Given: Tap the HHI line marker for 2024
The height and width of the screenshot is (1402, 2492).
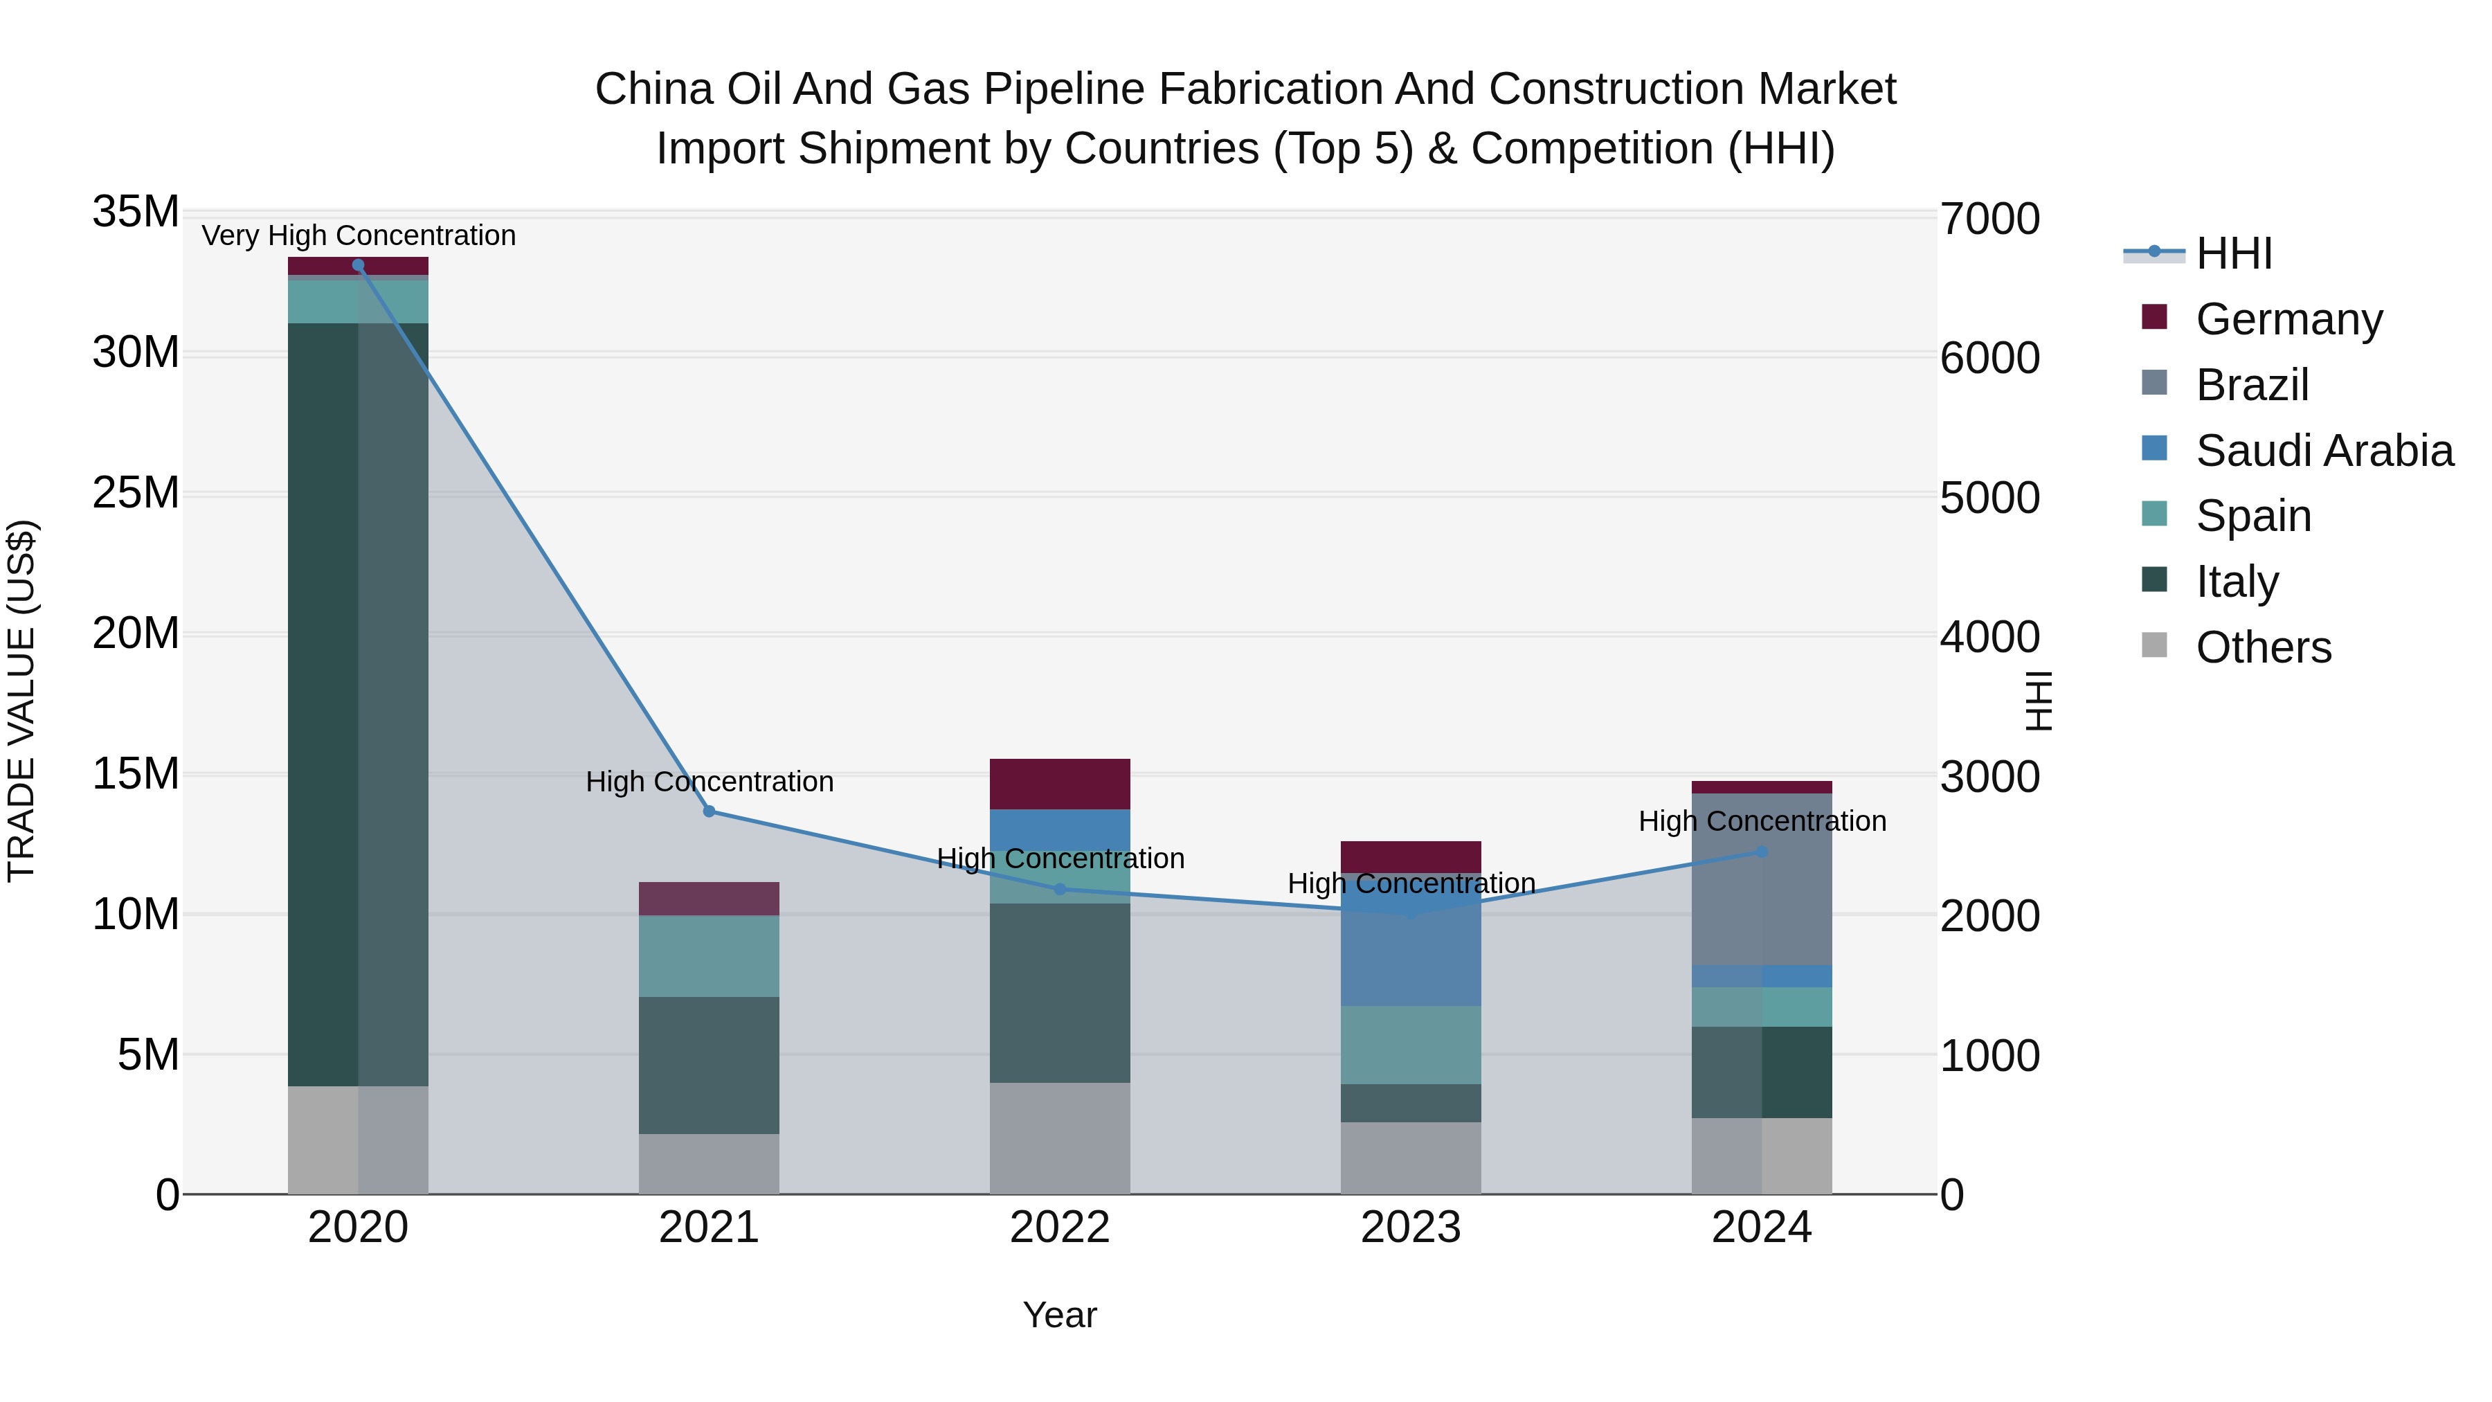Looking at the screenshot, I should coord(1762,852).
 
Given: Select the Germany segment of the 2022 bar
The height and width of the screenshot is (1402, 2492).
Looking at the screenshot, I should coord(1059,784).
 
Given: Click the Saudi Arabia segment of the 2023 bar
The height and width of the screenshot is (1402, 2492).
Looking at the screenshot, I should coord(1411,953).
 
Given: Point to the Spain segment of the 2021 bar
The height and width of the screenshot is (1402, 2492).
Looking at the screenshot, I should coord(709,956).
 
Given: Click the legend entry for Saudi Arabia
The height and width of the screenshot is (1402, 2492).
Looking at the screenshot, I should coord(2324,451).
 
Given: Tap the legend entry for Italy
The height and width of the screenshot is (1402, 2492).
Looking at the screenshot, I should coord(2237,582).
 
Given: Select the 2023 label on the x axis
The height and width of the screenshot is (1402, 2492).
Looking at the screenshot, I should coord(1411,1228).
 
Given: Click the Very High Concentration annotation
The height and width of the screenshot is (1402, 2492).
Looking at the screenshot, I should coord(359,236).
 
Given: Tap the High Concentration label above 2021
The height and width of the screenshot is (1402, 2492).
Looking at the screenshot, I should coord(709,782).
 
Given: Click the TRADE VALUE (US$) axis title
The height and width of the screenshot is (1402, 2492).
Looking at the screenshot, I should coord(21,701).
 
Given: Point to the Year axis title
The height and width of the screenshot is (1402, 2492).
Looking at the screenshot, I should coord(1059,1315).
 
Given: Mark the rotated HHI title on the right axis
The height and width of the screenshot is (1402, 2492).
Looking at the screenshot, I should coord(2039,701).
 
